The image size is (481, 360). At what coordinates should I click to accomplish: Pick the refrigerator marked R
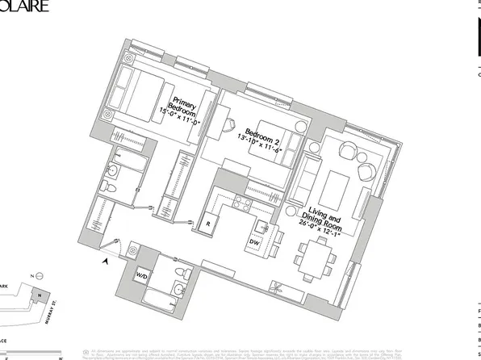(x=207, y=218)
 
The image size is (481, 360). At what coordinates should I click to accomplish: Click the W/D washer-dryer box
(x=142, y=276)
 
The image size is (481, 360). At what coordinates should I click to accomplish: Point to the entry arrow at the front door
(x=106, y=259)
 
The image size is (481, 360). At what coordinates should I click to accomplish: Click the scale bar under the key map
(x=32, y=350)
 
